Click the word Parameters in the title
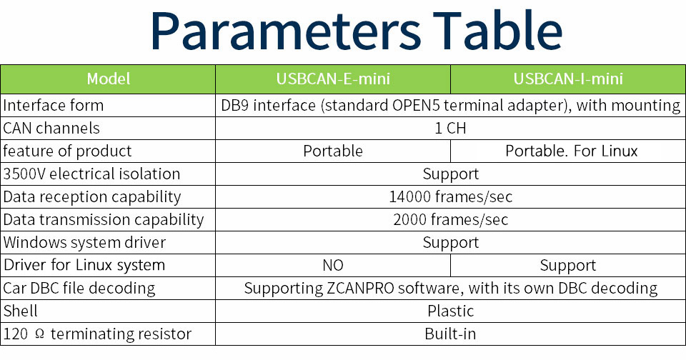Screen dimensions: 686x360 click(x=286, y=31)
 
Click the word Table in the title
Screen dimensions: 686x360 click(x=497, y=30)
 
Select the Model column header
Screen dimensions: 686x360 click(x=109, y=79)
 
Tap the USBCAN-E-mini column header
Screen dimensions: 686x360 click(x=333, y=79)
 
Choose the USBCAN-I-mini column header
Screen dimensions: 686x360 click(x=568, y=79)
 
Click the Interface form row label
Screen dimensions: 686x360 click(x=54, y=106)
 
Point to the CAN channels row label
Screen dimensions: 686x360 click(x=51, y=128)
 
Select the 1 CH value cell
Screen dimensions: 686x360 click(x=450, y=128)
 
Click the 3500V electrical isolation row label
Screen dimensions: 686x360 click(x=91, y=174)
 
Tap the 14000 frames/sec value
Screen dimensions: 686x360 click(x=451, y=197)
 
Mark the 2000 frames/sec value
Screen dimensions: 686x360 click(x=451, y=219)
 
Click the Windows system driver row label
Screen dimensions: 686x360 click(x=84, y=242)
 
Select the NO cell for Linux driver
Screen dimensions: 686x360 click(x=333, y=265)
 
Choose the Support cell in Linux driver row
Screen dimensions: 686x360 click(x=568, y=266)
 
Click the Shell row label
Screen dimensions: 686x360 click(x=20, y=311)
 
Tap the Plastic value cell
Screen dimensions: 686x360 click(x=451, y=311)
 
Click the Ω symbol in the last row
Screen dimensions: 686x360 click(x=39, y=334)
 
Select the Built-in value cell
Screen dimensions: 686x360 click(x=450, y=334)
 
